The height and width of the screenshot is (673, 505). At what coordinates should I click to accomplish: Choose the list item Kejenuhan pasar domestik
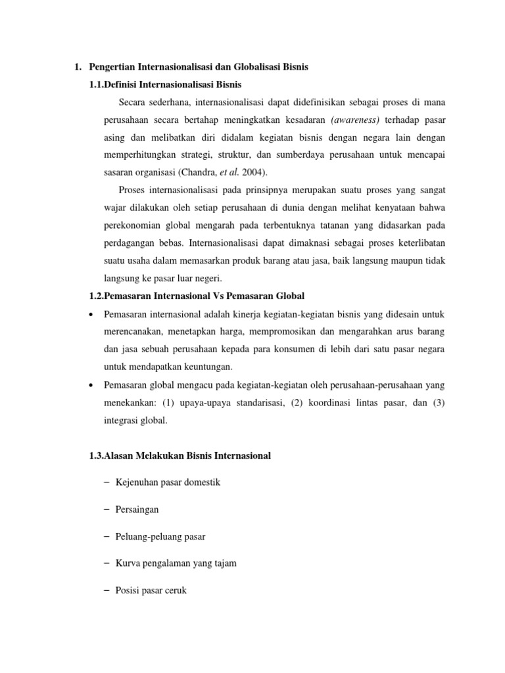[x=168, y=482]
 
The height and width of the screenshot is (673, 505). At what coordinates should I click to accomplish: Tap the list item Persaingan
[x=137, y=509]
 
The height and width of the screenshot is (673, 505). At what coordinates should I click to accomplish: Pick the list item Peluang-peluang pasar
[x=160, y=536]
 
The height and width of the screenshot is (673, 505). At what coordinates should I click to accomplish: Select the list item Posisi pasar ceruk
[x=151, y=590]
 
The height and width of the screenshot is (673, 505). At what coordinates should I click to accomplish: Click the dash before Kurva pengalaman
[x=107, y=563]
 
